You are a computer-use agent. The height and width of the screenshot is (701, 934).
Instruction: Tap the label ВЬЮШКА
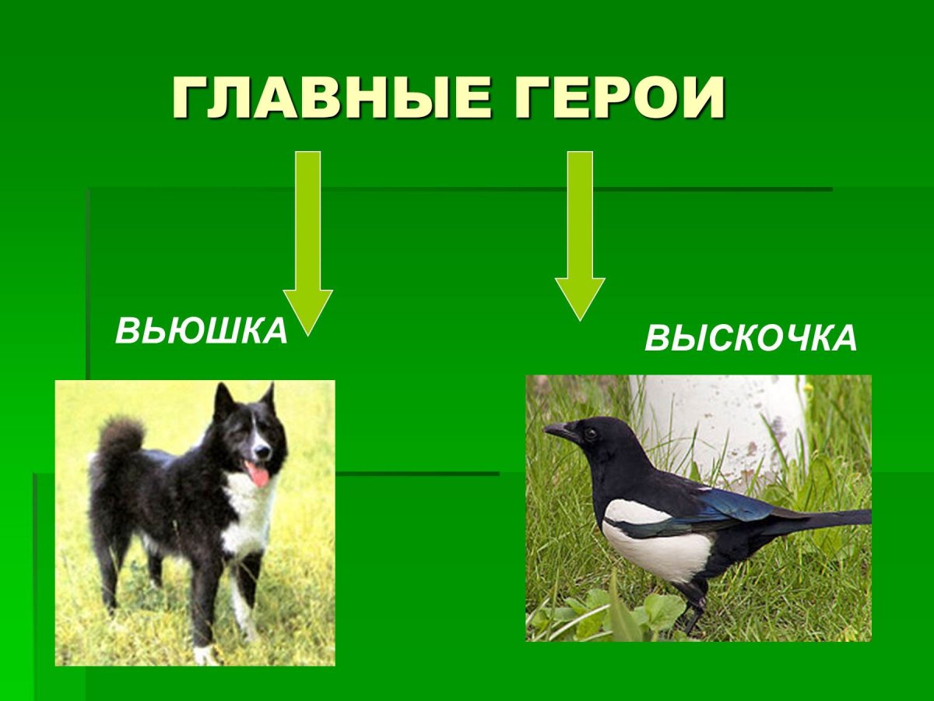(202, 331)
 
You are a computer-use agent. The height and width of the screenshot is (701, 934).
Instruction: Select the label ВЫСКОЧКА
(750, 339)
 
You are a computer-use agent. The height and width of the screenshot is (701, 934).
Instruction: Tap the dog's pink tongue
(258, 474)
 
